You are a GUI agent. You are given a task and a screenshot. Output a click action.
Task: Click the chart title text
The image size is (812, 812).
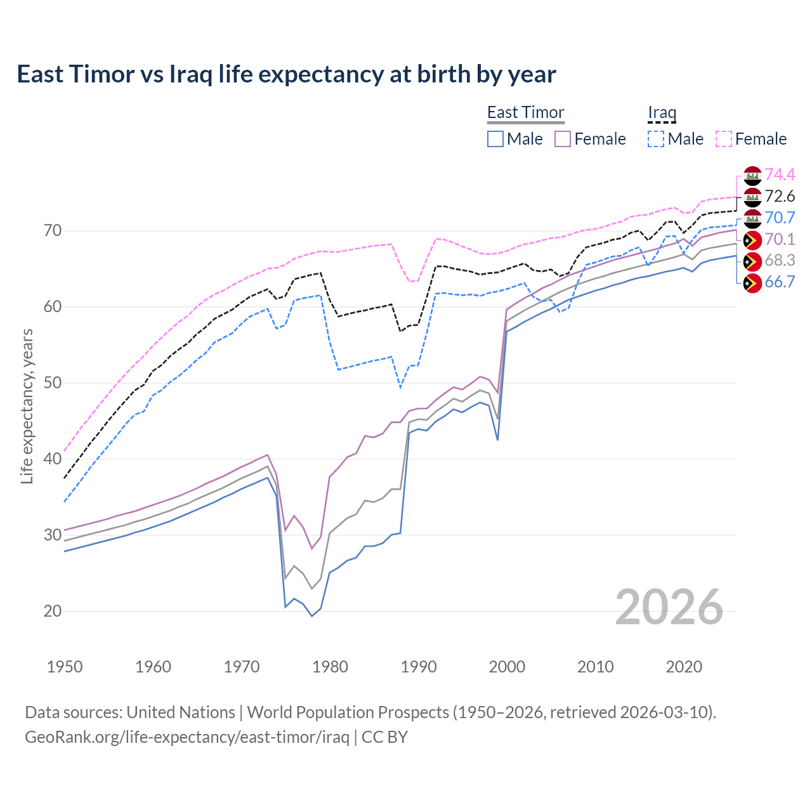(286, 74)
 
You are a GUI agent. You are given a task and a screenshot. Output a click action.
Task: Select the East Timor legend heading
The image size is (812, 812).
(525, 112)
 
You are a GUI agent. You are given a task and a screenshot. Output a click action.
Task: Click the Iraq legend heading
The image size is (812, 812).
(662, 112)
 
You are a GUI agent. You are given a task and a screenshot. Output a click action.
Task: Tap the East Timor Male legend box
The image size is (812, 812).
(495, 139)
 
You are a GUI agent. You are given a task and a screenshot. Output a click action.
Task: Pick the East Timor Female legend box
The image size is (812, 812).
(563, 139)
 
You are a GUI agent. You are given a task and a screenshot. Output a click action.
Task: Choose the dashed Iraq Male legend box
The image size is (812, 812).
(656, 139)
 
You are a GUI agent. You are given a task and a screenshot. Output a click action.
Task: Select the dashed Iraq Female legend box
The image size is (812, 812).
(724, 139)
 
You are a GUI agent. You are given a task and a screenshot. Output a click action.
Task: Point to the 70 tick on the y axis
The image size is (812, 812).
(53, 230)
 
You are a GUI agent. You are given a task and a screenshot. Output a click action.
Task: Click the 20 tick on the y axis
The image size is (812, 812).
(53, 611)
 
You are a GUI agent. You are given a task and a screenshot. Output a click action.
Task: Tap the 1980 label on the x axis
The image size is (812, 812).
(331, 667)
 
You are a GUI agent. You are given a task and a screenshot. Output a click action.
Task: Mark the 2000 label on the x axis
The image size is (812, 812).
(507, 667)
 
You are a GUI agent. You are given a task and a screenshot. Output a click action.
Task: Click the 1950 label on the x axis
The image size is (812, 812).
(65, 667)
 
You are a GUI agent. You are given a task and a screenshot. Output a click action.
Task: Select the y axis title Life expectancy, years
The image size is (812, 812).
(27, 406)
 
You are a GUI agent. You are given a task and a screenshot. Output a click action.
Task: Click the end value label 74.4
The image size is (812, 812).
(780, 174)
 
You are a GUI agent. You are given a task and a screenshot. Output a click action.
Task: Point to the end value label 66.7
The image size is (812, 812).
(780, 282)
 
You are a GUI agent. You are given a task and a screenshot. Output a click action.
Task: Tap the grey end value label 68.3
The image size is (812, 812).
(780, 261)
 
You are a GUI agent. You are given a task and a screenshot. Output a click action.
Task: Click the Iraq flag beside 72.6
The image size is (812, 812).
(752, 197)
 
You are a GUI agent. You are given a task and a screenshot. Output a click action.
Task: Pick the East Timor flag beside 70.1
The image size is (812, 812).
(752, 240)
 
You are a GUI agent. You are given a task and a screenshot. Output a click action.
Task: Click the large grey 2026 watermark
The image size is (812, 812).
(669, 607)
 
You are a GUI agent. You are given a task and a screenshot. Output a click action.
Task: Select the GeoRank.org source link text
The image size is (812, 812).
(187, 737)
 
